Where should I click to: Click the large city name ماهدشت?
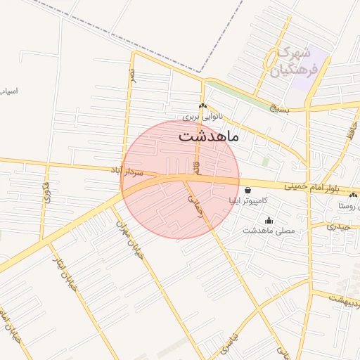(209, 136)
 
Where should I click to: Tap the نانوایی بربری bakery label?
(202, 117)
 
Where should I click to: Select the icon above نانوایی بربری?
(202, 106)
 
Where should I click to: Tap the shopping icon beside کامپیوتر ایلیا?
(247, 190)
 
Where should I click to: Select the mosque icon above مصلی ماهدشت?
(269, 220)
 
